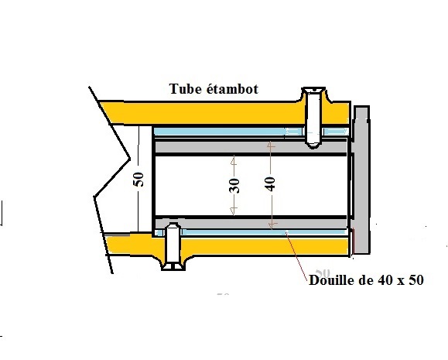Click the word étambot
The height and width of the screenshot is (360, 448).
(232, 88)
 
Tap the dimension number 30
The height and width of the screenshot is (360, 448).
(234, 185)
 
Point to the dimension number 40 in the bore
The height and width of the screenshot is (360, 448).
(270, 183)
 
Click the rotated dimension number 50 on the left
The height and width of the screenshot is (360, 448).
(139, 180)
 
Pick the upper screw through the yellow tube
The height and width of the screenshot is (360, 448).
(313, 117)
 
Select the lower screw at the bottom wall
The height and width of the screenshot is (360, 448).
(173, 246)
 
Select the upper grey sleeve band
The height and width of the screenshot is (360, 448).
(251, 146)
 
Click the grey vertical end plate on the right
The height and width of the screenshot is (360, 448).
(361, 180)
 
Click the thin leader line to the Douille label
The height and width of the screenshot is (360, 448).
(297, 255)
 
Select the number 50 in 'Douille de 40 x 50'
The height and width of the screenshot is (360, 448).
(416, 280)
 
